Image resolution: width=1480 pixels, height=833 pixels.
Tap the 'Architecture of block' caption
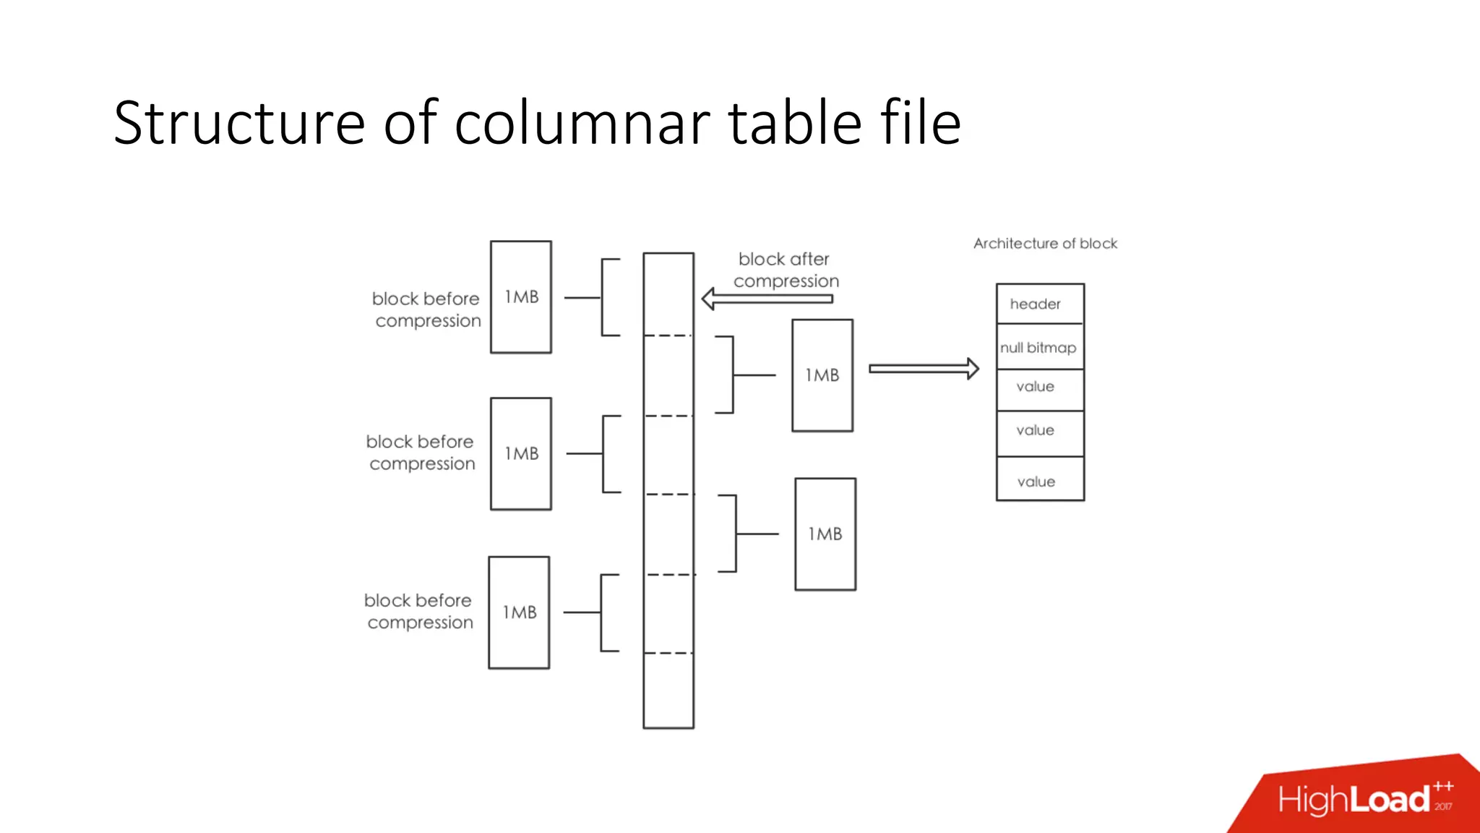[x=1045, y=244]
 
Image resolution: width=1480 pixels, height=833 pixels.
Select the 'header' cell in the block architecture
[x=1040, y=304]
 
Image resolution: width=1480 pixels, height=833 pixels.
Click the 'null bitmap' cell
[x=1040, y=348]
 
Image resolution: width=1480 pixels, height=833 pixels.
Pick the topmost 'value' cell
[x=1040, y=388]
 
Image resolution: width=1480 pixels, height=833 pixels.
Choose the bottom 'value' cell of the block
[x=1040, y=481]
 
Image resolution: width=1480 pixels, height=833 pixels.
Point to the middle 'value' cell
[x=1040, y=432]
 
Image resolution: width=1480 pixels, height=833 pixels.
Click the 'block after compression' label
[x=786, y=270]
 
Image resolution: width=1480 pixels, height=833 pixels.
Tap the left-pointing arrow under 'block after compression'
[x=767, y=299]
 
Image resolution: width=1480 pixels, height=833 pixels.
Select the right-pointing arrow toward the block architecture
[x=924, y=369]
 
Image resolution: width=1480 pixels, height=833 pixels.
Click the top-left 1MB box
[x=521, y=297]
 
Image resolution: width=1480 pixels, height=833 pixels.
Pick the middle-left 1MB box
[x=521, y=454]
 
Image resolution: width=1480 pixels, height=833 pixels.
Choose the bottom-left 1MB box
[x=519, y=612]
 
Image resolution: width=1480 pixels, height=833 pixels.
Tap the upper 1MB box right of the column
[x=822, y=375]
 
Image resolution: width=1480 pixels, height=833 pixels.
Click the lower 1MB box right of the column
[x=825, y=534]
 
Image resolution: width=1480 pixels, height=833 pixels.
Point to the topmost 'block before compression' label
[x=426, y=309]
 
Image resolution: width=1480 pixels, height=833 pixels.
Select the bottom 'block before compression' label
[x=419, y=611]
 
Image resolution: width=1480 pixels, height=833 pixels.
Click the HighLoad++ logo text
[x=1355, y=800]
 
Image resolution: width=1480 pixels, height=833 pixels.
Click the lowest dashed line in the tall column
[x=668, y=653]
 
